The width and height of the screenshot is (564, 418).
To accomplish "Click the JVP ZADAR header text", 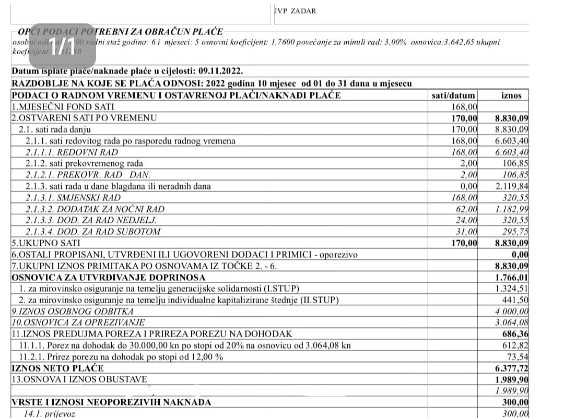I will point(295,10).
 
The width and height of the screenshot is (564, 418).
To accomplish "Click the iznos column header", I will point(511,95).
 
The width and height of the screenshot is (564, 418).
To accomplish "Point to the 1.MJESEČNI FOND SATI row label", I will point(63,106).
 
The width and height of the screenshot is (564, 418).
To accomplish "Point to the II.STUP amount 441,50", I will point(515,300).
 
